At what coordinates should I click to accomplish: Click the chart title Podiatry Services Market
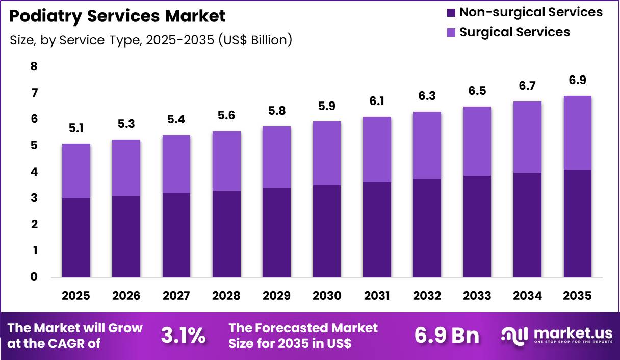(x=117, y=16)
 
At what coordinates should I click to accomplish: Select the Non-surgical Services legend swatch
(x=450, y=12)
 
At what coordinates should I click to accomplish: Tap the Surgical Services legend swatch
(x=450, y=32)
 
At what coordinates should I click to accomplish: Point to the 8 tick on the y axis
(x=34, y=66)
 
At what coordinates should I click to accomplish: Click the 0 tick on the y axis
(x=34, y=277)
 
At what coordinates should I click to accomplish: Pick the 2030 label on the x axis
(x=326, y=296)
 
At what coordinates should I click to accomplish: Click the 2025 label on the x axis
(x=76, y=296)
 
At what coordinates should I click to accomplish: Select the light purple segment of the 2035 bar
(x=577, y=133)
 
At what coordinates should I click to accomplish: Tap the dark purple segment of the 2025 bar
(x=76, y=238)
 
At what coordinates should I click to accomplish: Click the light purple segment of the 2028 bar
(x=226, y=161)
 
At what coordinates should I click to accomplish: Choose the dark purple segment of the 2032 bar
(x=427, y=228)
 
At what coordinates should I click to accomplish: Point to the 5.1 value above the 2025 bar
(x=76, y=128)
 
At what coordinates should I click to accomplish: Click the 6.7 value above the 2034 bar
(x=527, y=86)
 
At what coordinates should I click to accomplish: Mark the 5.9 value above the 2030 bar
(x=326, y=106)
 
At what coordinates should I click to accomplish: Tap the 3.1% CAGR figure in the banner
(x=183, y=336)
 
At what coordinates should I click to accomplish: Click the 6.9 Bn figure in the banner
(x=447, y=336)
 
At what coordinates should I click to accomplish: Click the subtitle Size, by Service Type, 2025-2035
(x=150, y=40)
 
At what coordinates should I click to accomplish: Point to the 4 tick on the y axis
(x=34, y=172)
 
